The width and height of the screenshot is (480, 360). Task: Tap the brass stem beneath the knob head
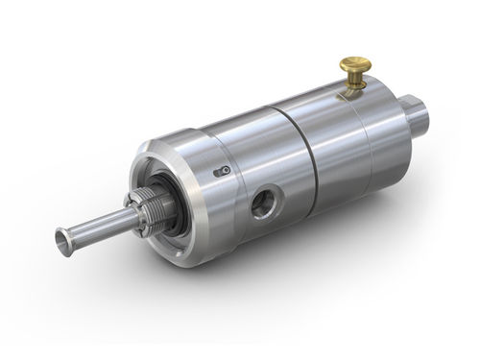click(x=354, y=82)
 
